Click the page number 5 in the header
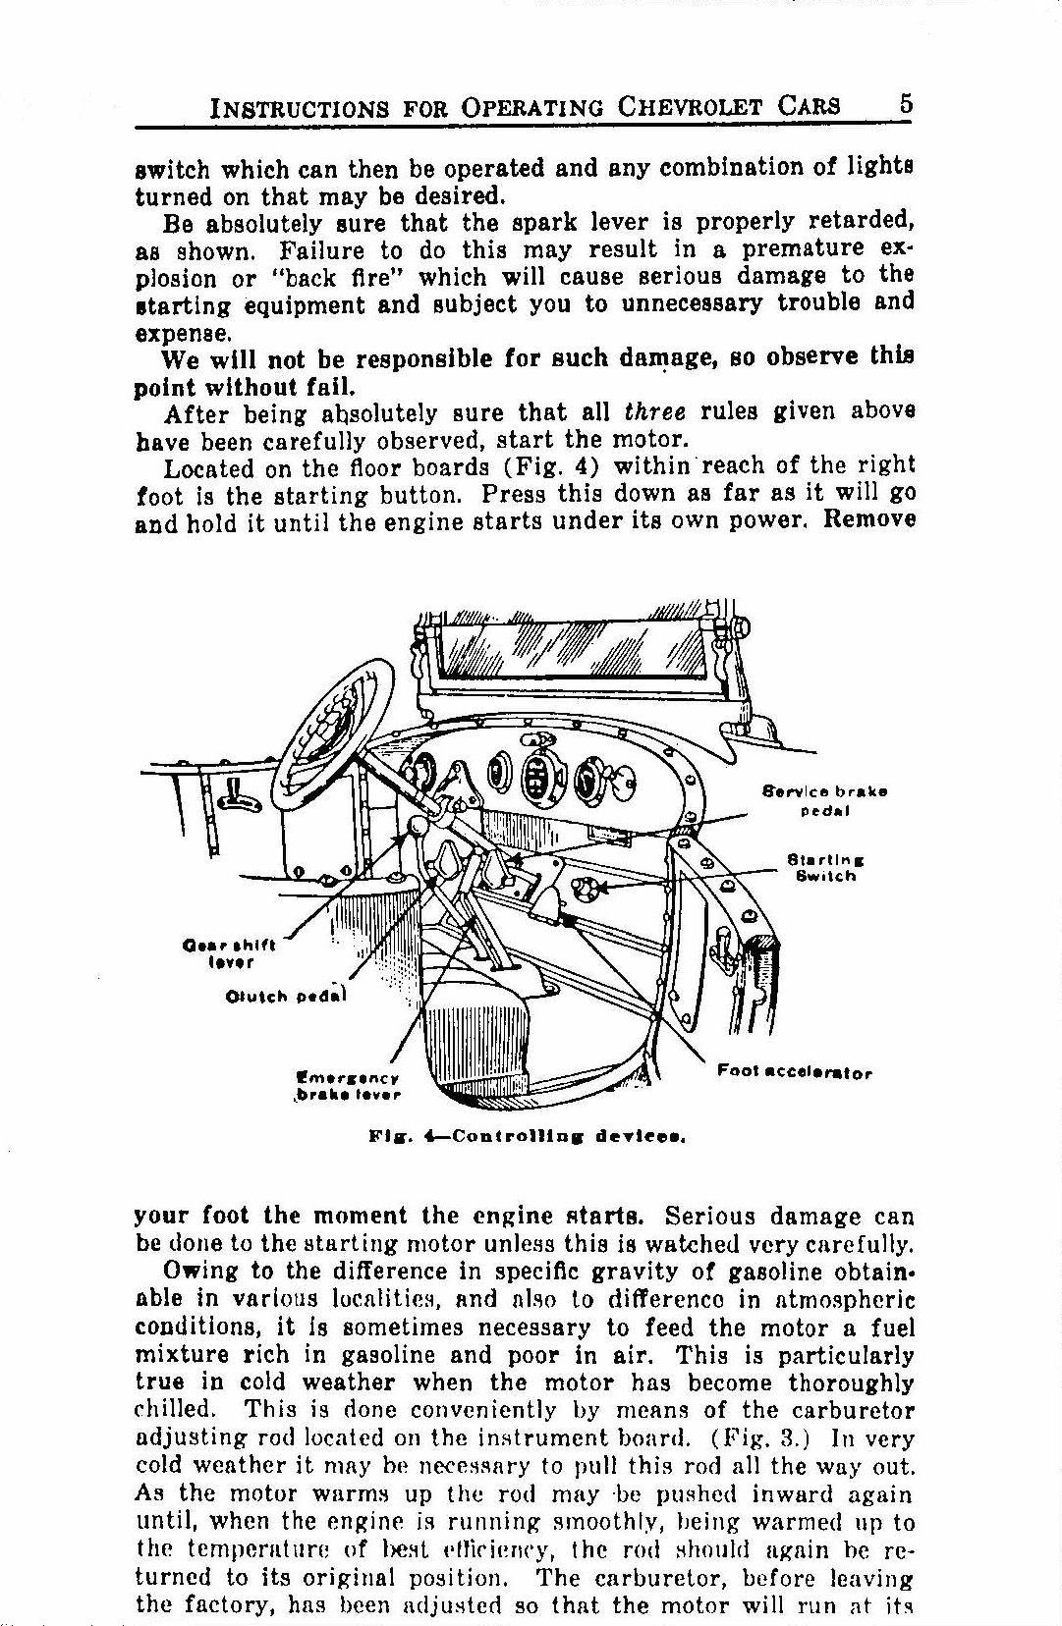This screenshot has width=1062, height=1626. tap(905, 105)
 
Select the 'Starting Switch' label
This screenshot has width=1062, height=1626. tap(825, 868)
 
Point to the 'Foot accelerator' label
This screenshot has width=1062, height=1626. tap(794, 1072)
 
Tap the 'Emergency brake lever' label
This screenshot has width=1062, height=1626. tap(347, 1085)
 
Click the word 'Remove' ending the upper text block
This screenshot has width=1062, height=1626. tap(868, 519)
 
